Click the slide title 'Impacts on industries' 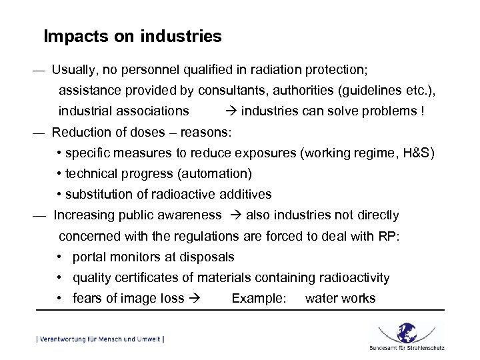tap(132, 36)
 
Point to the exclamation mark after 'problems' tap(422, 111)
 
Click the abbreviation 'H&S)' tap(417, 153)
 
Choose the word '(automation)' tap(218, 174)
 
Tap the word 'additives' tap(246, 195)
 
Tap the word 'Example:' tap(259, 299)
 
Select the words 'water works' tap(340, 299)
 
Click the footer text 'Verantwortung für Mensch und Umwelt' tap(101, 339)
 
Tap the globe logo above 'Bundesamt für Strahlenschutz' tap(406, 331)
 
